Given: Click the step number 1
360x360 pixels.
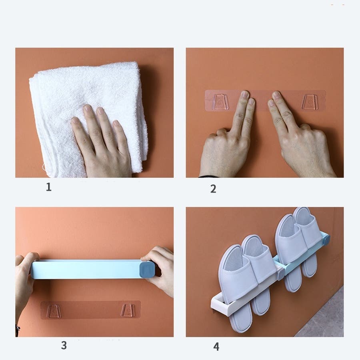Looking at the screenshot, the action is coord(49,187).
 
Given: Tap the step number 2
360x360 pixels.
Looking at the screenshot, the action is coord(213,189).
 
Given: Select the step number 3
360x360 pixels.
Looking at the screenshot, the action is coord(64,345).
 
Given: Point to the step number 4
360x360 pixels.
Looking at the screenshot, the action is coord(216,347).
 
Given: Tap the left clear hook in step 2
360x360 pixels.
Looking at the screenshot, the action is coord(220,101).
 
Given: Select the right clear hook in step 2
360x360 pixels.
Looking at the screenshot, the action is coord(310,101).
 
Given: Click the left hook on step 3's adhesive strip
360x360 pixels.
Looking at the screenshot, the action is coord(54,311).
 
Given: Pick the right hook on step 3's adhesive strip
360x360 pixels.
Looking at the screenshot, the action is coord(128,310).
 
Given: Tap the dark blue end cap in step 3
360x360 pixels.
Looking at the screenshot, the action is coord(147,270).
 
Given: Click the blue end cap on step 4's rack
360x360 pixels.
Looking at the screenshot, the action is coord(326,240).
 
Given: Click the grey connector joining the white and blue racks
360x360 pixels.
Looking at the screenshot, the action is coord(280,274).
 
